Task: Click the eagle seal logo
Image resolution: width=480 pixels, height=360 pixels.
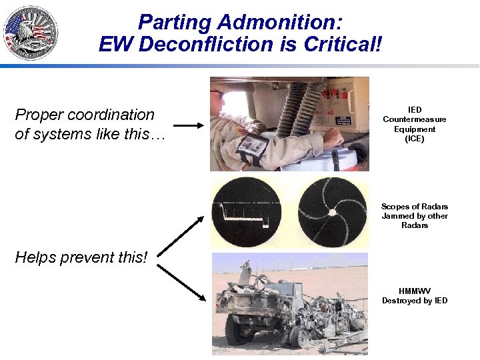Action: pyautogui.click(x=31, y=32)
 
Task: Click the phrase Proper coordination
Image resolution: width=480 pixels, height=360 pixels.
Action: pyautogui.click(x=84, y=115)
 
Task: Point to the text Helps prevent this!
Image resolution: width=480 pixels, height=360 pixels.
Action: pyautogui.click(x=81, y=257)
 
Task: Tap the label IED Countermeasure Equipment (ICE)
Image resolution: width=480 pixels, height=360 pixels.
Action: pyautogui.click(x=414, y=124)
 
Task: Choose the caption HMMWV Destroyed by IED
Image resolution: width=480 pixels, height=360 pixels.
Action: pyautogui.click(x=414, y=296)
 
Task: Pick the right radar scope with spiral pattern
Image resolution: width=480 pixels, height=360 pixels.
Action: pyautogui.click(x=332, y=213)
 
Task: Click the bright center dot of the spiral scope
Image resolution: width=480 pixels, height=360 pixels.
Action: pyautogui.click(x=332, y=213)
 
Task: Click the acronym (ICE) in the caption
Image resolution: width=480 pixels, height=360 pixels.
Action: pyautogui.click(x=414, y=139)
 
